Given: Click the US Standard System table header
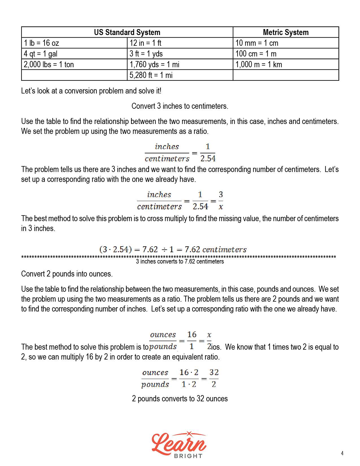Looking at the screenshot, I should [x=127, y=32].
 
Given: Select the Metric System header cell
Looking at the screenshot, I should [x=285, y=32].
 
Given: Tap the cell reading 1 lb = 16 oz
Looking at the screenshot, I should [x=42, y=43].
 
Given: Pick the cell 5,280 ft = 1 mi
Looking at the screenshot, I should [x=151, y=75].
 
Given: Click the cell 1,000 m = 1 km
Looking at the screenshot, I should [x=259, y=64].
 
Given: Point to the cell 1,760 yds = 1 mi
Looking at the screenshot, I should [x=154, y=64].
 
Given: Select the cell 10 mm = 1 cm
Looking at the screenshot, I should [x=257, y=43].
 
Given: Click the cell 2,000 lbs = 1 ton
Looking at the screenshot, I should [x=49, y=64].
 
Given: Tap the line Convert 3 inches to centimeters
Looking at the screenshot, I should [x=180, y=106].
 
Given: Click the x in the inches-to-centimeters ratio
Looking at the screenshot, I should [x=221, y=207].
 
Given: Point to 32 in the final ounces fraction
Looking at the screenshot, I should [x=214, y=373].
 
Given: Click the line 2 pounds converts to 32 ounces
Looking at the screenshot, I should [x=180, y=399].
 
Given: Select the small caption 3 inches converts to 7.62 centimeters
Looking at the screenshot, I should [x=180, y=262].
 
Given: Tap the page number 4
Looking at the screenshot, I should [x=342, y=453].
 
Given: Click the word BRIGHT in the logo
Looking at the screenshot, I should [x=188, y=456].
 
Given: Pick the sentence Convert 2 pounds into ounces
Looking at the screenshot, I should [x=67, y=274].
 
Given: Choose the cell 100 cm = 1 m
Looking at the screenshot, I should [x=256, y=54].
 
